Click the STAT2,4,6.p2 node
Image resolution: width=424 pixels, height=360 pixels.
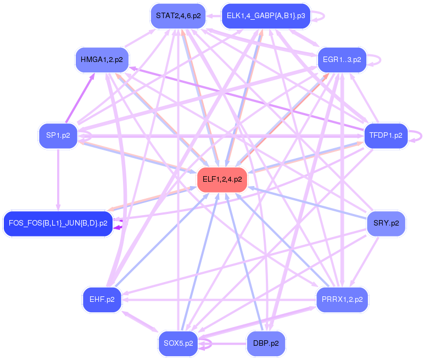(x=178, y=16)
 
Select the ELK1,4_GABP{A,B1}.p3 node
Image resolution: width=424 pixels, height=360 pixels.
(x=266, y=16)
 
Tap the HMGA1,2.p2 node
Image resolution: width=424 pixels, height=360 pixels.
(x=102, y=59)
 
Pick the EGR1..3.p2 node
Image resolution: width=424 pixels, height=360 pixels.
(x=342, y=59)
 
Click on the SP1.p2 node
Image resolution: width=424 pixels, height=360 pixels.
(x=58, y=136)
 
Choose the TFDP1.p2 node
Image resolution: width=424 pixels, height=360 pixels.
(x=386, y=135)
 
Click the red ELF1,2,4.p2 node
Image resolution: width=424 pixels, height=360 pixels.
(x=222, y=179)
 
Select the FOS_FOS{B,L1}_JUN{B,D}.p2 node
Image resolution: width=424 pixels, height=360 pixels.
(x=58, y=223)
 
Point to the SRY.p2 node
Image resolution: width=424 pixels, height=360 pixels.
(x=386, y=223)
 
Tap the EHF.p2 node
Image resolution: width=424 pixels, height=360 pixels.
(x=102, y=300)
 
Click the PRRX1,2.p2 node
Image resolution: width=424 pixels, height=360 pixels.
(x=342, y=300)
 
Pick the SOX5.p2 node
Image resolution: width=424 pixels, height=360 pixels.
(x=178, y=344)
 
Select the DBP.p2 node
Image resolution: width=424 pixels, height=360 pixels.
(x=266, y=344)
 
